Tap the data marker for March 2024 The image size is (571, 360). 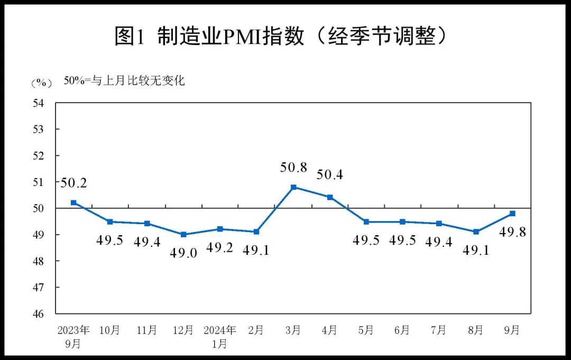coord(293,187)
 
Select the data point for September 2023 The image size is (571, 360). coord(73,202)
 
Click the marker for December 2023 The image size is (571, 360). coord(183,234)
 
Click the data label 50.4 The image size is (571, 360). coord(329,175)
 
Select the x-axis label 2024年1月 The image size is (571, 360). coord(219,337)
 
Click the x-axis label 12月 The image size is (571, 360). coord(183,330)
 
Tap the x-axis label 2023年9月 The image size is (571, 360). coord(73,337)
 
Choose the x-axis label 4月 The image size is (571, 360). coord(329,330)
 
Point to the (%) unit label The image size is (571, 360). coord(41,83)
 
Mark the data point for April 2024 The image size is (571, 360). coord(330,197)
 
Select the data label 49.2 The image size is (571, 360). coord(219,247)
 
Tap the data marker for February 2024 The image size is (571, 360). coord(256,232)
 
